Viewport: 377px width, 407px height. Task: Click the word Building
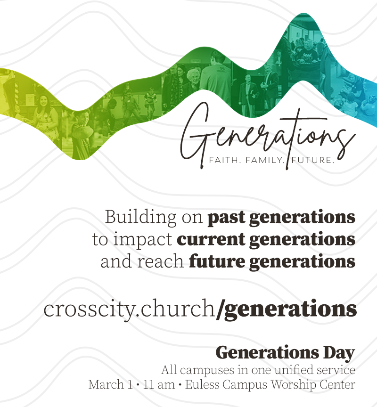coord(140,217)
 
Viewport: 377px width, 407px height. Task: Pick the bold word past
coord(226,218)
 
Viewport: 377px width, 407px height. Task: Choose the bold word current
coord(211,239)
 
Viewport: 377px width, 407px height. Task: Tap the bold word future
coord(217,261)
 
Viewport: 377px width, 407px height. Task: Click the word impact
coord(142,239)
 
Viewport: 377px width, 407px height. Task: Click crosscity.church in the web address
coord(129,309)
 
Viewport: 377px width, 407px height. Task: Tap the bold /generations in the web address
coord(286,309)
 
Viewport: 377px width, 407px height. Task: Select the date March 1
coord(111,384)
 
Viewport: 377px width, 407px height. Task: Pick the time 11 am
coord(159,385)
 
